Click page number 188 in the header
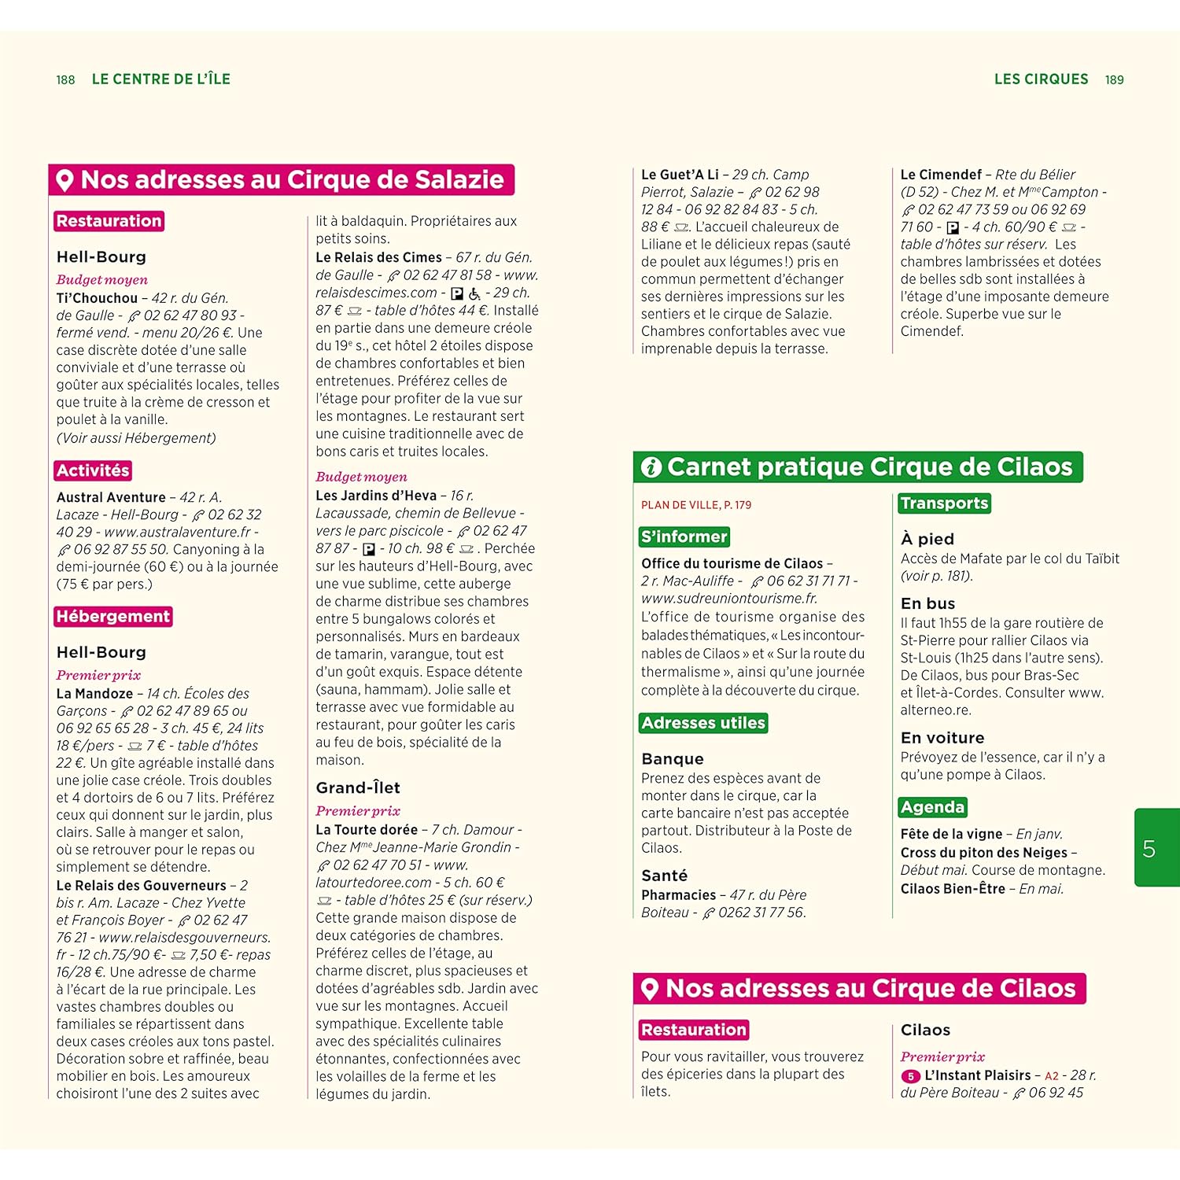coord(65,80)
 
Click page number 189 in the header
coord(1114,80)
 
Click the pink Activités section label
coord(93,470)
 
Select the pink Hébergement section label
coord(113,617)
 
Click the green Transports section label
coord(944,503)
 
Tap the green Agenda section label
coord(932,807)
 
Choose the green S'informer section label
coord(684,537)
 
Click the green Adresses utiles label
coord(703,723)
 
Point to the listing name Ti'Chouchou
coord(97,298)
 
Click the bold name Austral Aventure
coord(111,497)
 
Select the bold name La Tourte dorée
coord(367,830)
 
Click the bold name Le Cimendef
coord(941,175)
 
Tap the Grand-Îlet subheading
coord(358,787)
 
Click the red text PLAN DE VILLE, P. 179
coord(695,505)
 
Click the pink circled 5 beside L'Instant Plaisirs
coord(910,1076)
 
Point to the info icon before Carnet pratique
coord(651,467)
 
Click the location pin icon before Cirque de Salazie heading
coord(65,180)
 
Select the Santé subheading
coord(665,876)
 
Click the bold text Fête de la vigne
coord(951,834)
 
